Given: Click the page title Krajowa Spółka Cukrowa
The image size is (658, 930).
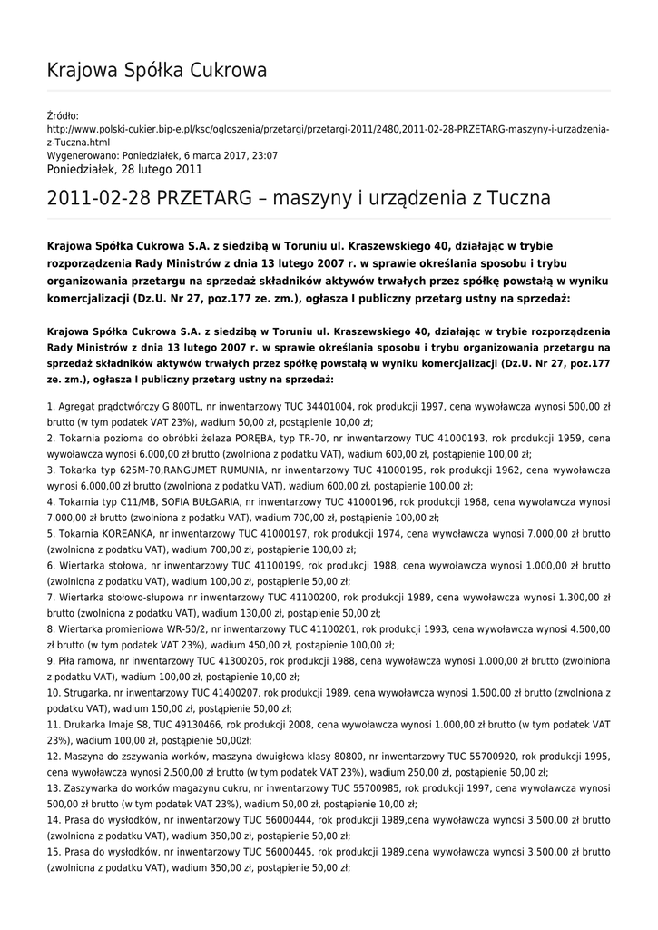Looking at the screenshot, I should (156, 70).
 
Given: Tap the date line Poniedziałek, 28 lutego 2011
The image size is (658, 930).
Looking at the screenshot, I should (124, 170).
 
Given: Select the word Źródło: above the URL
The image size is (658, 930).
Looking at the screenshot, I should (63, 115).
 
